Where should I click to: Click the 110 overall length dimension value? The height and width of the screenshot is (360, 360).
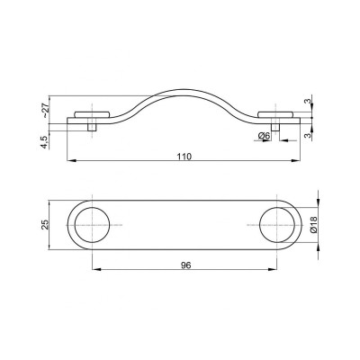coord(184,156)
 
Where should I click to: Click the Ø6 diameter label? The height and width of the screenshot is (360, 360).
coord(264,137)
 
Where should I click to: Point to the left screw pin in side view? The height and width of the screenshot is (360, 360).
coord(92,126)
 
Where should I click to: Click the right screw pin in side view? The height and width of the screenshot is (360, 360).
coord(279,126)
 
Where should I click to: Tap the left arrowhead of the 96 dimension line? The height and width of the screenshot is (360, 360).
coord(95,271)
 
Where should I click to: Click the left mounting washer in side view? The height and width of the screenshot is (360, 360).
coord(92,115)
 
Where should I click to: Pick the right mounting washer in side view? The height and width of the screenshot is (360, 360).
coord(279,115)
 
